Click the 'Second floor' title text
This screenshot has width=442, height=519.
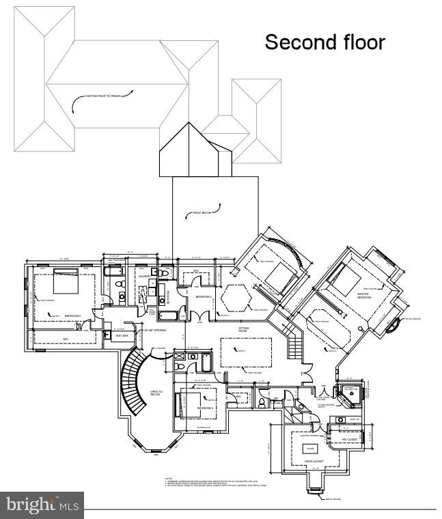point(324,42)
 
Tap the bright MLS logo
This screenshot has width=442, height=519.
point(42,505)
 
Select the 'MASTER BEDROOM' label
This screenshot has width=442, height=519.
point(363,296)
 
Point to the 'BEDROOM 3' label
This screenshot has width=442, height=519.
point(72,316)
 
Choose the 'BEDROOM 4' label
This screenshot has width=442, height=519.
point(206,408)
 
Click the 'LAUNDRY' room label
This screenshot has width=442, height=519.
point(143,277)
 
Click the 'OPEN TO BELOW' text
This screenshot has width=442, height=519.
point(156,393)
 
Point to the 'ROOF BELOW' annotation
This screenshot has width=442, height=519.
point(202,213)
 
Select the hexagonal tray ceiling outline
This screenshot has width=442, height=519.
point(236,296)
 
